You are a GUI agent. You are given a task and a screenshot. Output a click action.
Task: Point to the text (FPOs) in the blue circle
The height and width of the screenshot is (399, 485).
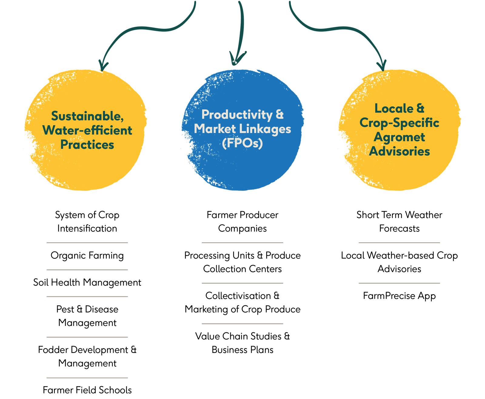click(242, 143)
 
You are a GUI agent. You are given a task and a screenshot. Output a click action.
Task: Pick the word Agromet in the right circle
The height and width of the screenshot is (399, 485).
click(399, 137)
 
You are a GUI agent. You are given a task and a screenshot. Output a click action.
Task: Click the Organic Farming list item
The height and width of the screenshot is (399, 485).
click(87, 256)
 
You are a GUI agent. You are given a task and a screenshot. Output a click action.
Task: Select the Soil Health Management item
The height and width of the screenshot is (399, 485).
click(87, 283)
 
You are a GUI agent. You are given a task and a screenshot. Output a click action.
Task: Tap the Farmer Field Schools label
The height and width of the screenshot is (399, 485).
click(87, 390)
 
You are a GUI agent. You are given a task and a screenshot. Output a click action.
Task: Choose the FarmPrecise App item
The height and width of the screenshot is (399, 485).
click(399, 296)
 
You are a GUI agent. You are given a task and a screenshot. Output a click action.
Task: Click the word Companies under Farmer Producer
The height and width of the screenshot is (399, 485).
click(242, 228)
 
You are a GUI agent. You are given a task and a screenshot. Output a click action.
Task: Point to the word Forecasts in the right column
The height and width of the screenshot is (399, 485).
click(399, 228)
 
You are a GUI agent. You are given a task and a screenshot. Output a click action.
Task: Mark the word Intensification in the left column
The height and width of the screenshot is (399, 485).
click(87, 228)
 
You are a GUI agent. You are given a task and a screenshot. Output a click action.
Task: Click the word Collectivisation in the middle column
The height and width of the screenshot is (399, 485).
click(238, 296)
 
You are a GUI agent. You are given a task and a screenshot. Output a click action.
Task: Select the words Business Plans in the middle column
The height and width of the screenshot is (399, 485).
click(242, 350)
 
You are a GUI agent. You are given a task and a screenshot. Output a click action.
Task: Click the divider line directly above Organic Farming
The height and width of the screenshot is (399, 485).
click(87, 243)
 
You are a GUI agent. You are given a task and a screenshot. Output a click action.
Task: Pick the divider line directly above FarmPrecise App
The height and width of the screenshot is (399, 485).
click(399, 283)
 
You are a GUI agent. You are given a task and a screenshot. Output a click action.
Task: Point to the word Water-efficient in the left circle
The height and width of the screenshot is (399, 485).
click(87, 131)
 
